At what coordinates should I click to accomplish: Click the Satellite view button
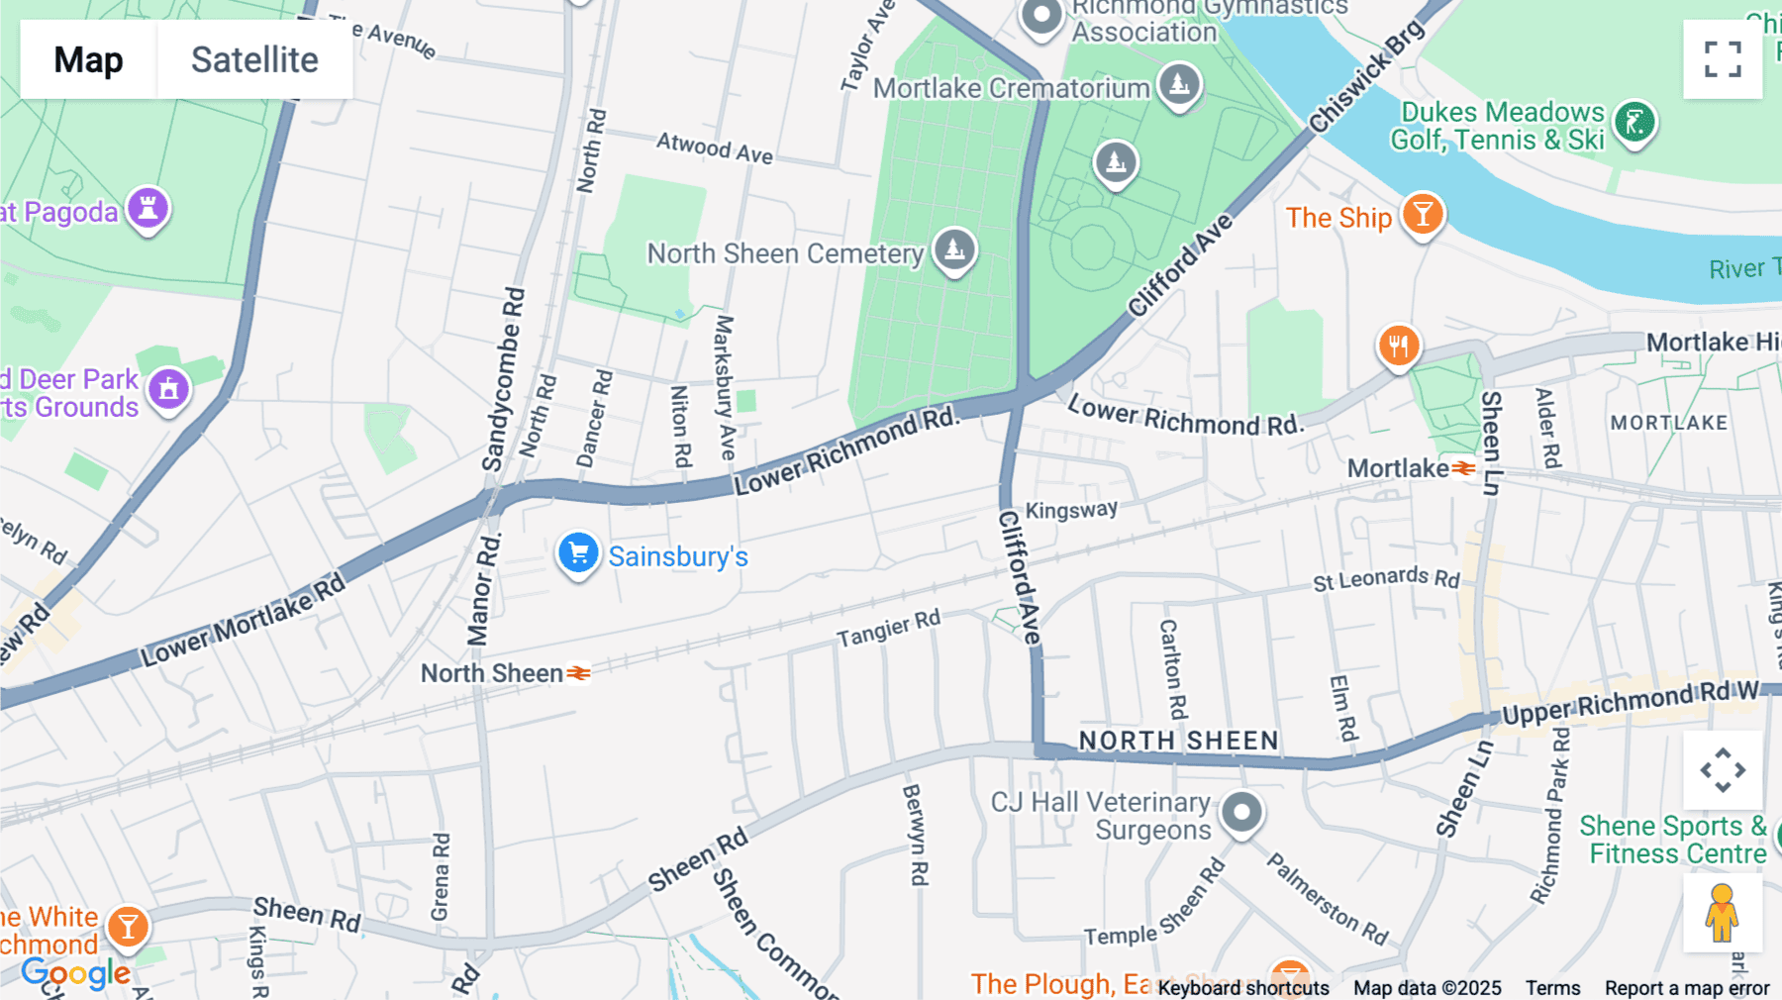[254, 59]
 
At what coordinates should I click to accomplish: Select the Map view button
[88, 59]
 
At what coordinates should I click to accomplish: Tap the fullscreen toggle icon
[1723, 59]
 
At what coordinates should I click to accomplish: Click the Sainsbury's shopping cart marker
[578, 553]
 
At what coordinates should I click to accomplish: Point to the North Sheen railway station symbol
[579, 673]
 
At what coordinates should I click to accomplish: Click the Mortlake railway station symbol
[1463, 468]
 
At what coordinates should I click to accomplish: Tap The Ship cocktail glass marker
[1423, 214]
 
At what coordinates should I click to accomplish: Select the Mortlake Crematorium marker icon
[1179, 84]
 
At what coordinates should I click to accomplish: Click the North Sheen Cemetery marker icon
[954, 250]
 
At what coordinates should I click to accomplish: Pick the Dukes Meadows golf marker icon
[1634, 123]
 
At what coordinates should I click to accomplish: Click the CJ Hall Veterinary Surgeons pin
[1241, 813]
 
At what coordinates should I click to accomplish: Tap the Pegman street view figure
[1722, 913]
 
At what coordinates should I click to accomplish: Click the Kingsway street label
[1071, 510]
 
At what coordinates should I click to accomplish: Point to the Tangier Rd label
[888, 629]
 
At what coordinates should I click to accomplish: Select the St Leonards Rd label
[1386, 578]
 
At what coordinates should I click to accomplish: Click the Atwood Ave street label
[714, 149]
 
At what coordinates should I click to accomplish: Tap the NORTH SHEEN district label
[1178, 741]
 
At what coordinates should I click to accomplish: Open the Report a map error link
[1687, 988]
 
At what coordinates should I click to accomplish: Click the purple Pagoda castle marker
[148, 209]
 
